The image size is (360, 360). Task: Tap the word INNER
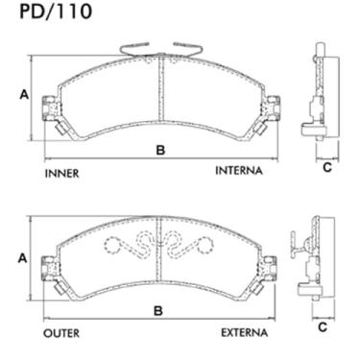[61, 174]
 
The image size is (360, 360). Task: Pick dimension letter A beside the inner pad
[23, 95]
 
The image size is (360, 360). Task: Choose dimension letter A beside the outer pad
[23, 258]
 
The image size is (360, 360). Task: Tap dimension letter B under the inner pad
[160, 150]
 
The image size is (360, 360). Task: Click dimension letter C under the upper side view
[326, 168]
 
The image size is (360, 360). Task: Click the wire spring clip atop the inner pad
[161, 46]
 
